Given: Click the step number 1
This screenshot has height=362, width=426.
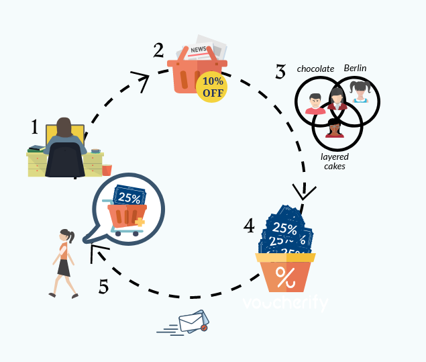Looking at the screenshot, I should click(x=35, y=127).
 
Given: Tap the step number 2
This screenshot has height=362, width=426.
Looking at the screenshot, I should click(x=158, y=50).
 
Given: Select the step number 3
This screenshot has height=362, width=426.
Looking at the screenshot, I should click(x=280, y=71).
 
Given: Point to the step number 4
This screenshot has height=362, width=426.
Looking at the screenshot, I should click(x=249, y=226).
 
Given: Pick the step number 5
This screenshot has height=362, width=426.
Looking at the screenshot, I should click(x=103, y=287).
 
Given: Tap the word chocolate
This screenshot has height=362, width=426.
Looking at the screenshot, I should click(x=315, y=69).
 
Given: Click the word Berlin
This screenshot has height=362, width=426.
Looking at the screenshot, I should click(x=356, y=68).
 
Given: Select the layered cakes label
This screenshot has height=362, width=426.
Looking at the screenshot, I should click(x=334, y=161).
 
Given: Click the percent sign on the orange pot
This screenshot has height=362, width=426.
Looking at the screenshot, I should click(x=285, y=276).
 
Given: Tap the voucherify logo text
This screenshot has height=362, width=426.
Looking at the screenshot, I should click(x=286, y=303).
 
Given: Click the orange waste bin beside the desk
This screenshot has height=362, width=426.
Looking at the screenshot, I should click(x=107, y=170).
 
